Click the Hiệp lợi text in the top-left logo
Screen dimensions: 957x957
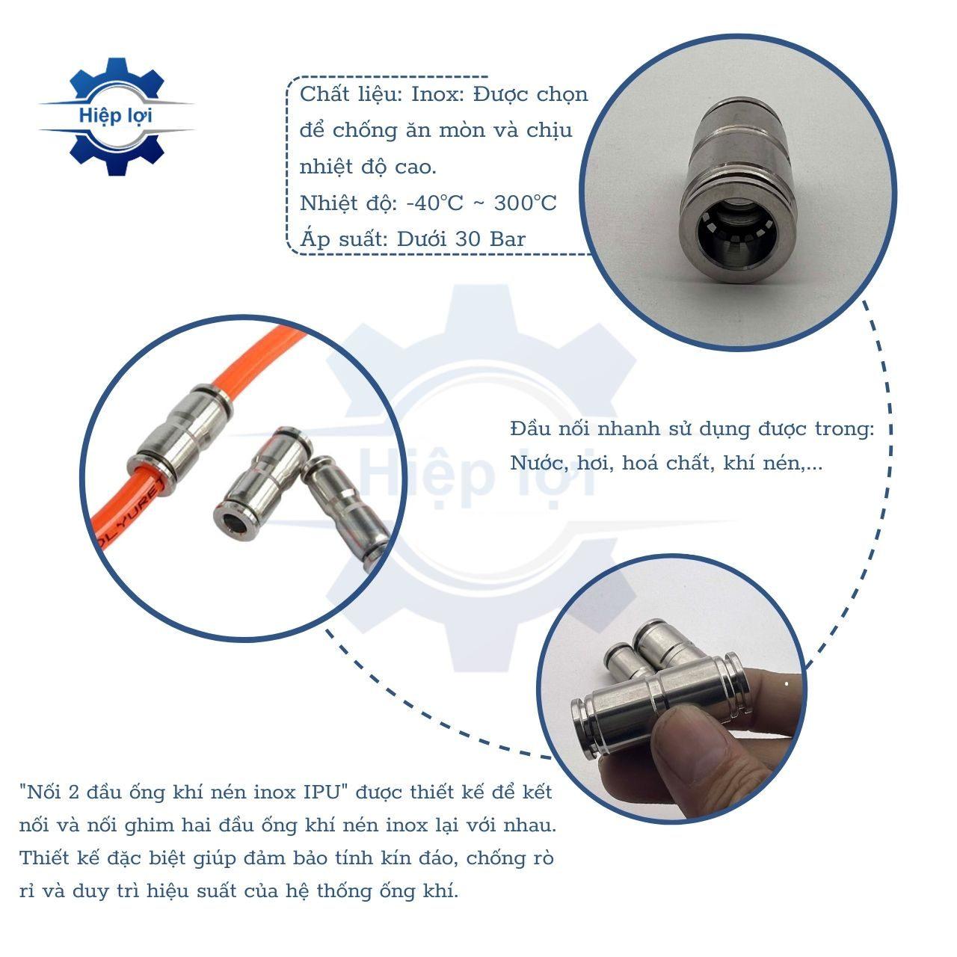click(x=114, y=116)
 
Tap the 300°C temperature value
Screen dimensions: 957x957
click(x=525, y=203)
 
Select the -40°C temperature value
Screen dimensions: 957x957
click(x=434, y=203)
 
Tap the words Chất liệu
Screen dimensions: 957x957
click(x=351, y=94)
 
